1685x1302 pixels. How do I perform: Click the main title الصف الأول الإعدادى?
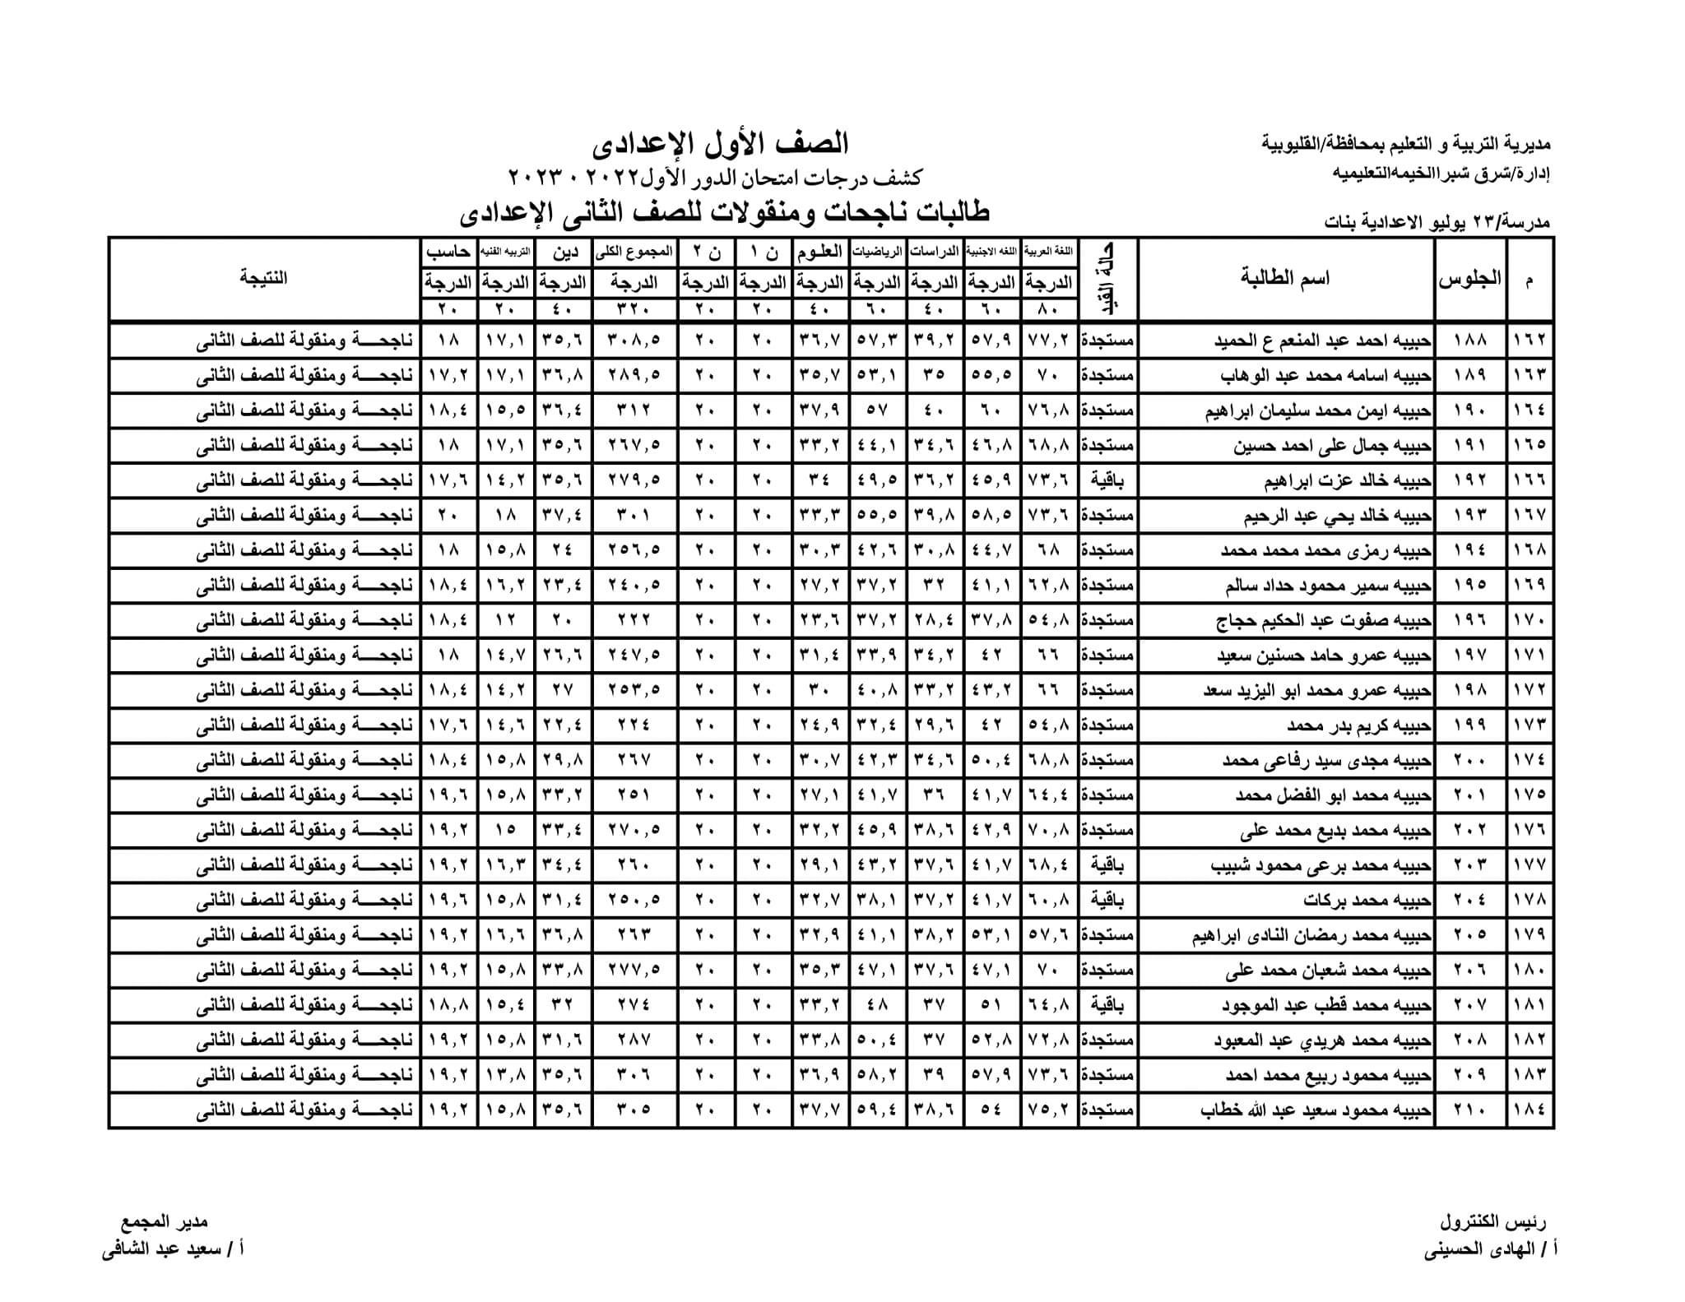click(x=720, y=144)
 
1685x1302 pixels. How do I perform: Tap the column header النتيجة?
click(x=264, y=277)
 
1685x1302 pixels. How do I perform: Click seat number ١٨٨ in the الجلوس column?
click(x=1470, y=340)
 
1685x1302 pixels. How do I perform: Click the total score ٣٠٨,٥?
click(x=634, y=340)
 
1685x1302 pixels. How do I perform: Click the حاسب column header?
click(x=448, y=251)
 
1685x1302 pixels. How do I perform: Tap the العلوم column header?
click(x=821, y=251)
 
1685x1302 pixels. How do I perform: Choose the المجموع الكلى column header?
click(x=634, y=251)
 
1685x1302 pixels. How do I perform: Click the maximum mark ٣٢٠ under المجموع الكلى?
click(x=634, y=310)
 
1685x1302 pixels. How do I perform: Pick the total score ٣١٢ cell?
click(x=634, y=410)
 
